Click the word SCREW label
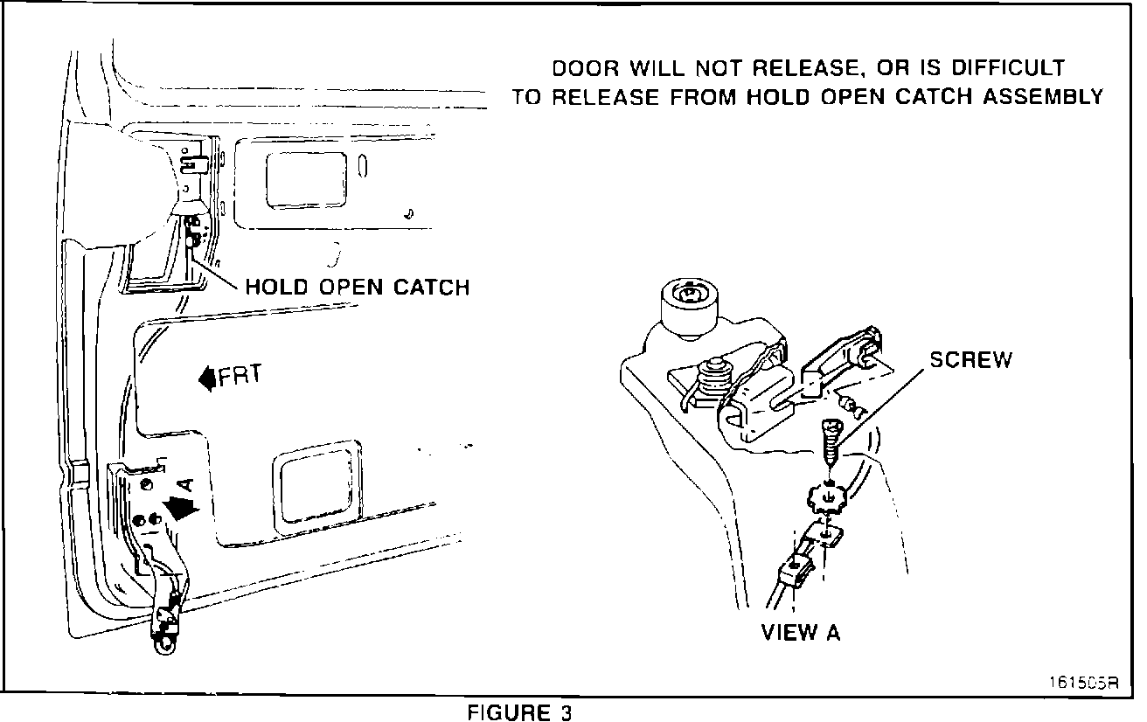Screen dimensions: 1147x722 tap(971, 359)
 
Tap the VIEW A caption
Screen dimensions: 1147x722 tap(801, 633)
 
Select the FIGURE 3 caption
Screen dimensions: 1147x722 tap(519, 712)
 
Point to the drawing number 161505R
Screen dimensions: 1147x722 tap(1083, 683)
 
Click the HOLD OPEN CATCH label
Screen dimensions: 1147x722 tap(358, 288)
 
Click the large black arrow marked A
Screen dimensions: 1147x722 tap(181, 508)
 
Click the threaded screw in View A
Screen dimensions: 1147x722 tap(831, 441)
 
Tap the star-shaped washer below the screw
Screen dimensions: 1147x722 tap(826, 498)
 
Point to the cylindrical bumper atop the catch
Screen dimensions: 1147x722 tap(689, 309)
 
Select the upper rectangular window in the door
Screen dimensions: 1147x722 tap(306, 180)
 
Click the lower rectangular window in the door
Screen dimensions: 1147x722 tap(317, 487)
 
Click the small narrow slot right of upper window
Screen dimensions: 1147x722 tap(363, 166)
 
